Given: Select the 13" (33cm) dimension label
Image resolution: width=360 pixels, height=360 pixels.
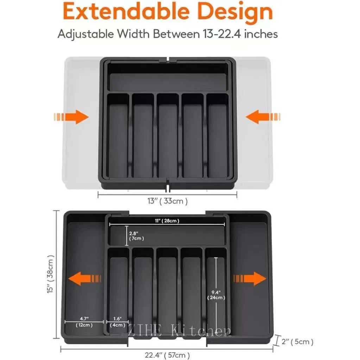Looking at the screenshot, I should pyautogui.click(x=168, y=201).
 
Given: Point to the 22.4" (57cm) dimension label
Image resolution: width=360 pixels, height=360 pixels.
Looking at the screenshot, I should pyautogui.click(x=168, y=355).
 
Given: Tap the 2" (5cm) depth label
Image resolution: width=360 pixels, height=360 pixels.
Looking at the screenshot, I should pyautogui.click(x=297, y=341).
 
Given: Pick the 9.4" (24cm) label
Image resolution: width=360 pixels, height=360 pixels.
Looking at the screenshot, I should pyautogui.click(x=216, y=295).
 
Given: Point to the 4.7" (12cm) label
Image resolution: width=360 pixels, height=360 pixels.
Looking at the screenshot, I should pyautogui.click(x=84, y=322).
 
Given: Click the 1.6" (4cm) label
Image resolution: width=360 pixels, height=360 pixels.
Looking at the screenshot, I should pyautogui.click(x=117, y=322).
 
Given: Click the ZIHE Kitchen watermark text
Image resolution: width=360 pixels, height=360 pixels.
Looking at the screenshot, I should pyautogui.click(x=179, y=331).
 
